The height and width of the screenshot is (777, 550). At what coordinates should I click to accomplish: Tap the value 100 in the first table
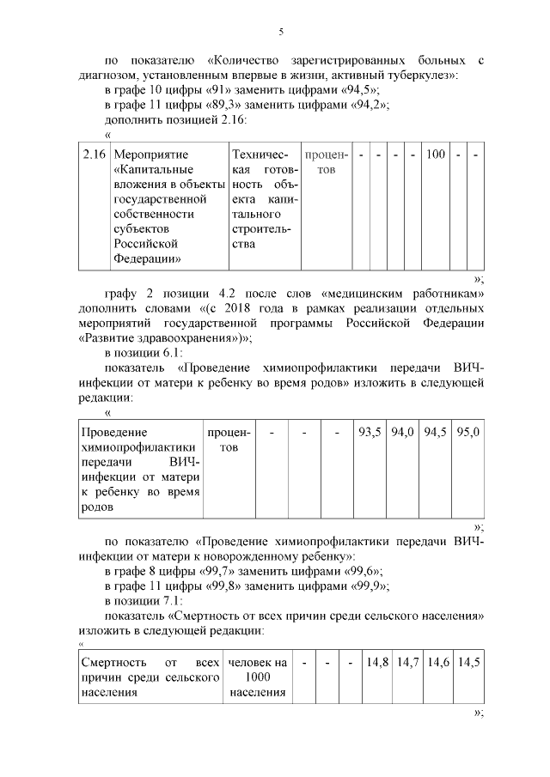[x=436, y=155]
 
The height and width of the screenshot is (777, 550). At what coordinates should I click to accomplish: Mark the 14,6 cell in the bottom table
[x=438, y=662]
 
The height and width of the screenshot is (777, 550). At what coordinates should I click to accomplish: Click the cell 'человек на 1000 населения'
[x=257, y=677]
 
